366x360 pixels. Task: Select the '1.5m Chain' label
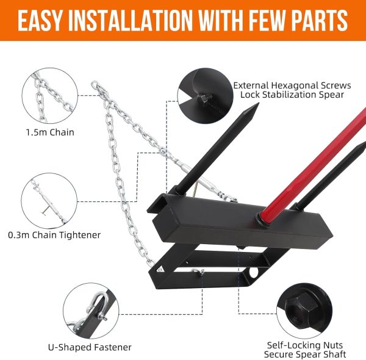[50, 132]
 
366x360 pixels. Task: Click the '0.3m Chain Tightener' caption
[54, 235]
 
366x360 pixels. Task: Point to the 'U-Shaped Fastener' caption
[90, 347]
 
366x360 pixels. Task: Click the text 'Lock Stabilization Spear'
[292, 95]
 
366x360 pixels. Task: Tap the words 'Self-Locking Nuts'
[305, 345]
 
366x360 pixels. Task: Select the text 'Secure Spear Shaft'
[305, 355]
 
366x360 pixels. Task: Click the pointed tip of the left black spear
[258, 104]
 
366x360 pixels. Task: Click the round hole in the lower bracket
[254, 272]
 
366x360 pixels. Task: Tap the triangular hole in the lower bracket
[160, 269]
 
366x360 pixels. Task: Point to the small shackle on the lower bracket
[198, 272]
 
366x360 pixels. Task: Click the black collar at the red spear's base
[262, 220]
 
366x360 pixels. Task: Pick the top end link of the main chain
[95, 85]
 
